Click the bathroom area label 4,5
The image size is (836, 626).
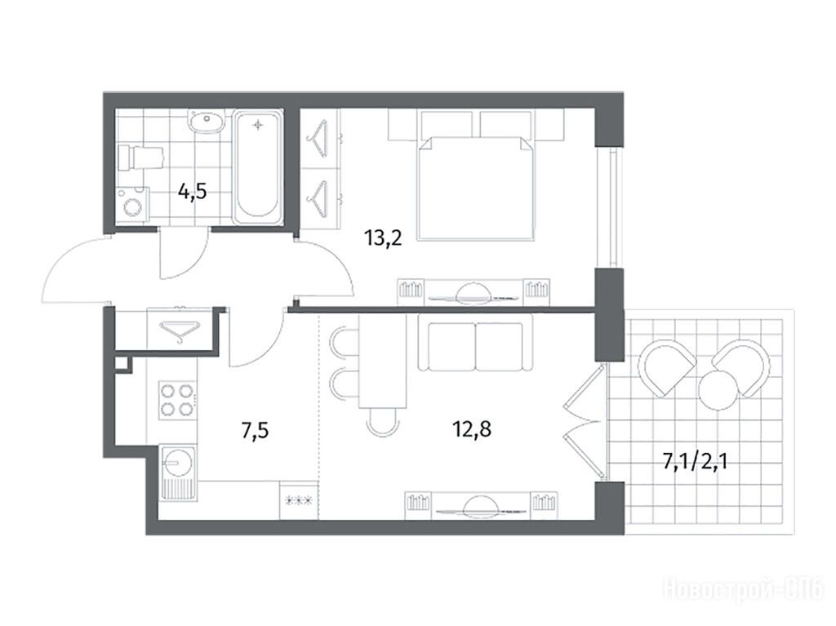tap(192, 191)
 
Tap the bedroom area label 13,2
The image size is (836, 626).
tap(383, 238)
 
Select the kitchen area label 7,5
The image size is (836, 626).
tap(255, 430)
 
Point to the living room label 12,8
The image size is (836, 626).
tap(472, 428)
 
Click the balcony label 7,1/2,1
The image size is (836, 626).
tap(695, 461)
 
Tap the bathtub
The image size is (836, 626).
tap(257, 167)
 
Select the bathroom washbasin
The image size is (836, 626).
tap(207, 122)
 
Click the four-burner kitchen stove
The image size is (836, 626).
tap(177, 401)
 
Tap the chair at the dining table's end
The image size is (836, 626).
tap(383, 423)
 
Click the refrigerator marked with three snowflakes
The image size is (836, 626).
tap(299, 499)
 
